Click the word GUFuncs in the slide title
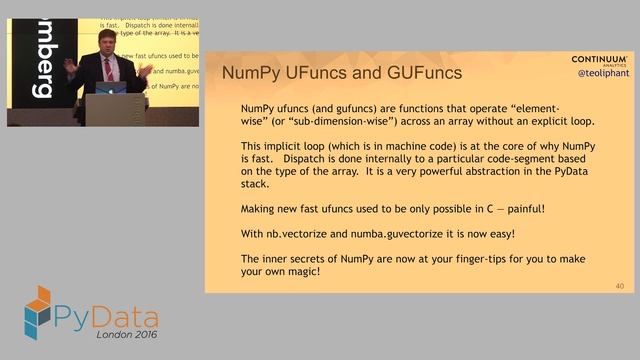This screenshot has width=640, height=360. point(419,73)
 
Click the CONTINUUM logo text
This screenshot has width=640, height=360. point(599,59)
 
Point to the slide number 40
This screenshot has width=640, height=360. point(621,286)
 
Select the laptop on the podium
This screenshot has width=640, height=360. point(112,88)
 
